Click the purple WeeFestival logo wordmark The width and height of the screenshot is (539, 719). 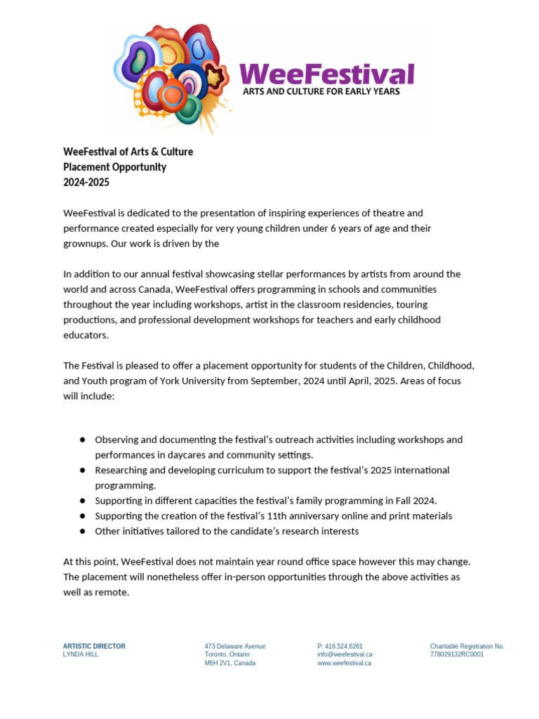[x=326, y=74]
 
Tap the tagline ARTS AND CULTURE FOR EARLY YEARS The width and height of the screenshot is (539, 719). [x=321, y=91]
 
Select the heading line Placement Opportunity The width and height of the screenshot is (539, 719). [x=114, y=167]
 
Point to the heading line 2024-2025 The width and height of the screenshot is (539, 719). [x=86, y=183]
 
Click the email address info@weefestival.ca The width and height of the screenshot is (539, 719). [x=345, y=654]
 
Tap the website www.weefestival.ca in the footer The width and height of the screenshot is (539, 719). [x=344, y=663]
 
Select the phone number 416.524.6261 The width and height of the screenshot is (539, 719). [x=344, y=646]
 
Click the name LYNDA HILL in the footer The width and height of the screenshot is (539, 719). [x=81, y=654]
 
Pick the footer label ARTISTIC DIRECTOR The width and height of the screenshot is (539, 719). [x=94, y=646]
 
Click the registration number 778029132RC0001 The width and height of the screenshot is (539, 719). [x=457, y=654]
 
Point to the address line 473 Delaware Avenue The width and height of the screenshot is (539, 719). [x=235, y=646]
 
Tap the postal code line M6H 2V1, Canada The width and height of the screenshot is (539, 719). [x=230, y=663]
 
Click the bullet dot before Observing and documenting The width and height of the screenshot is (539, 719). [x=82, y=440]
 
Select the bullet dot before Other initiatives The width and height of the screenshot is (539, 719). [x=82, y=531]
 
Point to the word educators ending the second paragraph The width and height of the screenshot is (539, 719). [x=86, y=335]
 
